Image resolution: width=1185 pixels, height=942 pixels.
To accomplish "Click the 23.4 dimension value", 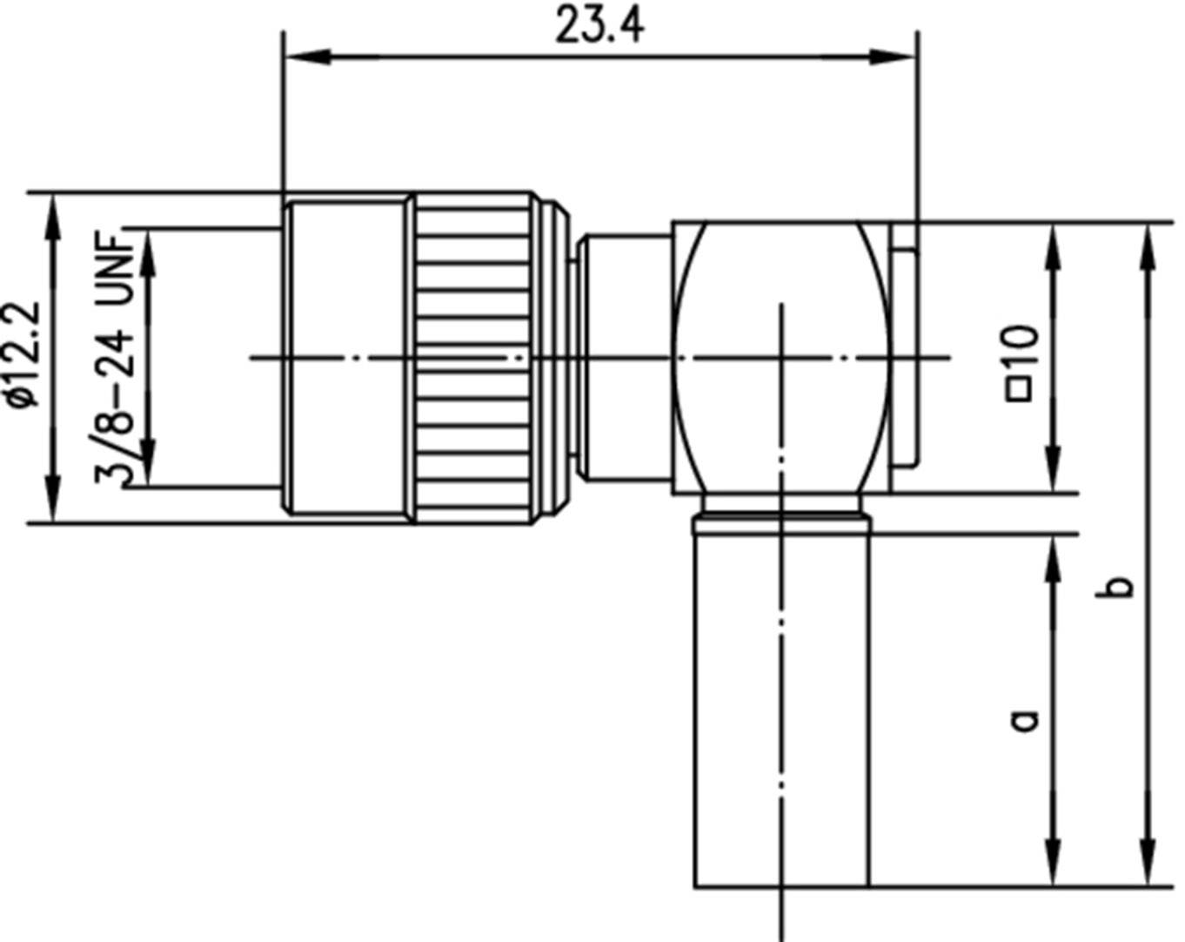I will coord(599,26).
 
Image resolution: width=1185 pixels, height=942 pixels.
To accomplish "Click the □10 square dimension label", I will coord(1022,361).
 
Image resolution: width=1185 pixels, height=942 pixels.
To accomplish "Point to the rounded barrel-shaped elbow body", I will coord(780,357).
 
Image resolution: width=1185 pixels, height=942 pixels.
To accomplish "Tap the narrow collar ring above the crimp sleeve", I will coord(780,524).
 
